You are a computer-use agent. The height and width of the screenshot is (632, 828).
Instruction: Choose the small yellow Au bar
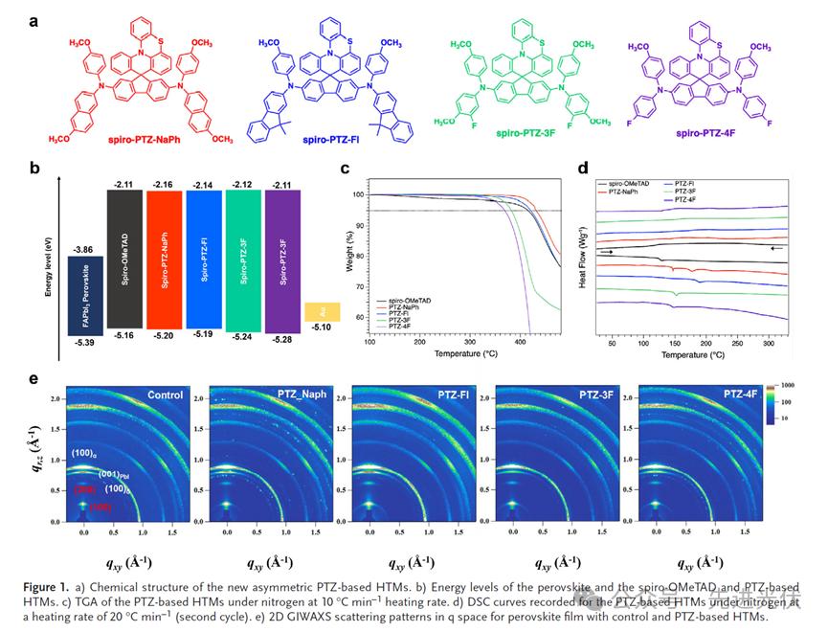[315, 312]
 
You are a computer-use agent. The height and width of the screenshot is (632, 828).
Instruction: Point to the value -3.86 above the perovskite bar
[83, 247]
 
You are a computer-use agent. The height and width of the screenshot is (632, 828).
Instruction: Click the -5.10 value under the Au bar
[316, 329]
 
